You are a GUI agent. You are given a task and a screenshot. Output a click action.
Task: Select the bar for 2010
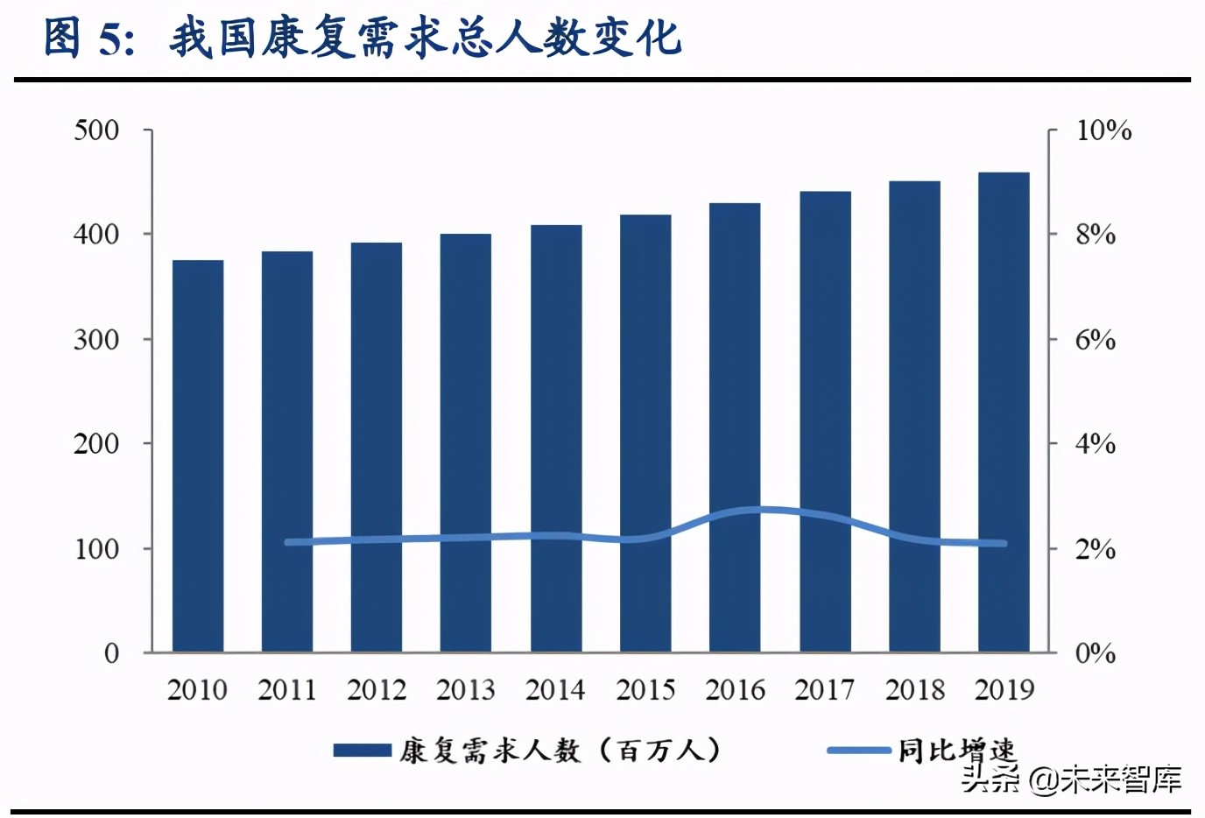click(198, 455)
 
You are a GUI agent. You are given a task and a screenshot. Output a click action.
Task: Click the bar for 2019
click(1004, 412)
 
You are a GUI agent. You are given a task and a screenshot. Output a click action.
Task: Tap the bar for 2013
click(466, 442)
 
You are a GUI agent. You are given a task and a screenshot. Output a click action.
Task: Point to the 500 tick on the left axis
click(96, 130)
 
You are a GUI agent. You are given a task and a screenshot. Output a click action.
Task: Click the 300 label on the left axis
click(96, 340)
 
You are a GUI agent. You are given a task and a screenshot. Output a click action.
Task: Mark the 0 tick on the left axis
click(111, 653)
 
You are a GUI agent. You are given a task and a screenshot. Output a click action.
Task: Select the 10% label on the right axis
click(1103, 130)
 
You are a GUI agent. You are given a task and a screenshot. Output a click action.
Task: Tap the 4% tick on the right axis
click(1095, 444)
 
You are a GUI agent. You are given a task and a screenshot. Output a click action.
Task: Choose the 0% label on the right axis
click(1095, 653)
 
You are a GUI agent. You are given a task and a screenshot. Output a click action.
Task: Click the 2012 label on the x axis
click(377, 690)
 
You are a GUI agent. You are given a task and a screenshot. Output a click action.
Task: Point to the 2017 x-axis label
click(824, 690)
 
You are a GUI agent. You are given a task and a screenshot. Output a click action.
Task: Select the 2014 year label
click(555, 690)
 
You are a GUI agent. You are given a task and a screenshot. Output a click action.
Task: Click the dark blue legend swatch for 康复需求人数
click(362, 751)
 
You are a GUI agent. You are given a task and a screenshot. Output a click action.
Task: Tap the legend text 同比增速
click(956, 751)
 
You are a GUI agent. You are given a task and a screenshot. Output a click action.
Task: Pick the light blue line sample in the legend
click(858, 751)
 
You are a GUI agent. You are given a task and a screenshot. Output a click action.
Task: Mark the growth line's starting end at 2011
click(288, 542)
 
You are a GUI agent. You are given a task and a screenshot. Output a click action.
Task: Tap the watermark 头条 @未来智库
click(1072, 779)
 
